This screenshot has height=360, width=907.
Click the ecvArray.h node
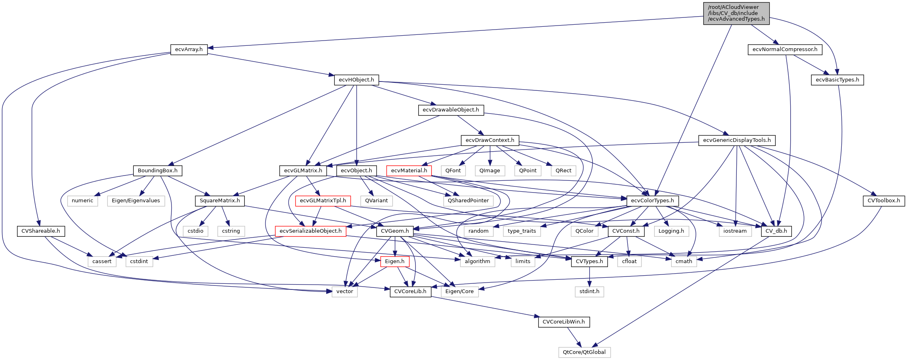[x=189, y=49]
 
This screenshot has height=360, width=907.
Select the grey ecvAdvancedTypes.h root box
[x=736, y=13]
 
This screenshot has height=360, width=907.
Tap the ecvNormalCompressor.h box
[x=785, y=49]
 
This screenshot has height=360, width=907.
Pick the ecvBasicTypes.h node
[x=837, y=80]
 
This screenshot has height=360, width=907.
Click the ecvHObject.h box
[x=356, y=80]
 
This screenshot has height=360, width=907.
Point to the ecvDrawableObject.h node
[x=451, y=110]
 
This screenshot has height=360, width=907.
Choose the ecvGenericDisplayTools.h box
[x=737, y=140]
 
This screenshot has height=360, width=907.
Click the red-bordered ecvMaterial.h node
[x=409, y=171]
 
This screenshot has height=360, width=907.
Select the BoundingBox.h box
[x=158, y=171]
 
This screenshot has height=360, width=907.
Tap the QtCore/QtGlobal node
[x=584, y=352]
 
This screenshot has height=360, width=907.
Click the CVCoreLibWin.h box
[x=564, y=322]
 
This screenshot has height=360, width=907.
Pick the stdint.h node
[x=589, y=291]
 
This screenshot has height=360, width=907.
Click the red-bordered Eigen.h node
[x=395, y=261]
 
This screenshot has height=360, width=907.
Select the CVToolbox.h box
[x=883, y=201]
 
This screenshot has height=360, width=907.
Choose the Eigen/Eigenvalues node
[x=136, y=201]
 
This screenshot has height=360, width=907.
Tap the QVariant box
[x=376, y=201]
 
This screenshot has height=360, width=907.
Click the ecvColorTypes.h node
[x=652, y=201]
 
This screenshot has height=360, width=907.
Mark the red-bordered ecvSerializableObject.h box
[x=310, y=231]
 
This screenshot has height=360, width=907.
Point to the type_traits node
[x=522, y=231]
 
